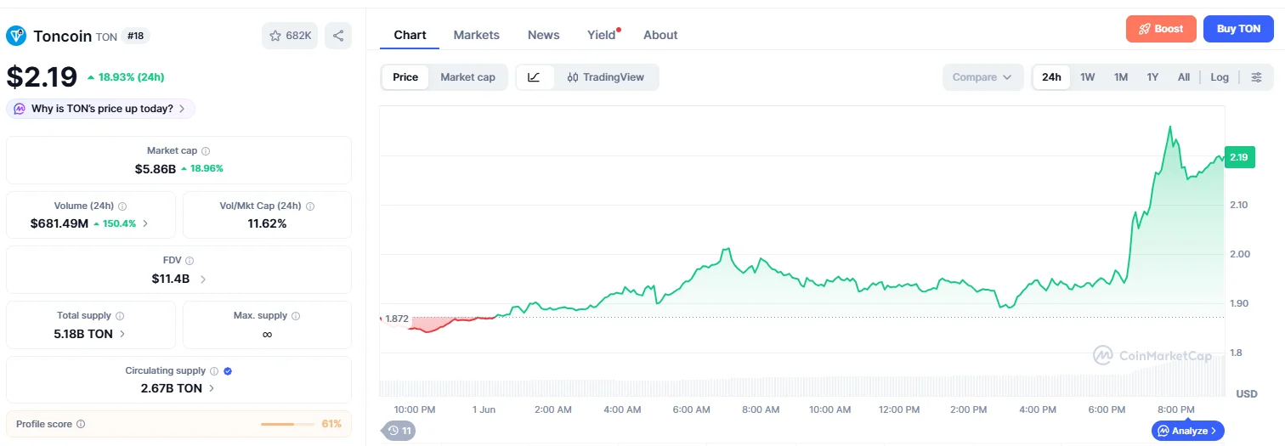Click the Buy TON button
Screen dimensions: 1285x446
1238,29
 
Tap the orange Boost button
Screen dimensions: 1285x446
1161,29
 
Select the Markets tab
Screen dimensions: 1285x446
476,35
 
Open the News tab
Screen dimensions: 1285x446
543,35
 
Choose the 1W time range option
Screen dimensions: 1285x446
1087,77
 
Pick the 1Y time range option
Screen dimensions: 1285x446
1152,77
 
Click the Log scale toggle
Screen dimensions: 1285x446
1219,77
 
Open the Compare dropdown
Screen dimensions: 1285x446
982,77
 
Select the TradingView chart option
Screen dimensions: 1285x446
605,77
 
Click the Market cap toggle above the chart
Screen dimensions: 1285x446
467,77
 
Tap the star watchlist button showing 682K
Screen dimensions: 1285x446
290,36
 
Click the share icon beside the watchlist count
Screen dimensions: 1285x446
338,36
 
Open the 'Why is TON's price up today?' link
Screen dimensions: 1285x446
101,109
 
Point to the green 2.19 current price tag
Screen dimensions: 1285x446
1239,157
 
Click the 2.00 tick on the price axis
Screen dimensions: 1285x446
1240,254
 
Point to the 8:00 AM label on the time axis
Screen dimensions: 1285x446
761,409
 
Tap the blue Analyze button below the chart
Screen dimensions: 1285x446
1187,431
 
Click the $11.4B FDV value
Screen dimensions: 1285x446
170,279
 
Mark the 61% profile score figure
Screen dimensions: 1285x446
331,424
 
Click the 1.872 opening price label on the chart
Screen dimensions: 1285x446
397,319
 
